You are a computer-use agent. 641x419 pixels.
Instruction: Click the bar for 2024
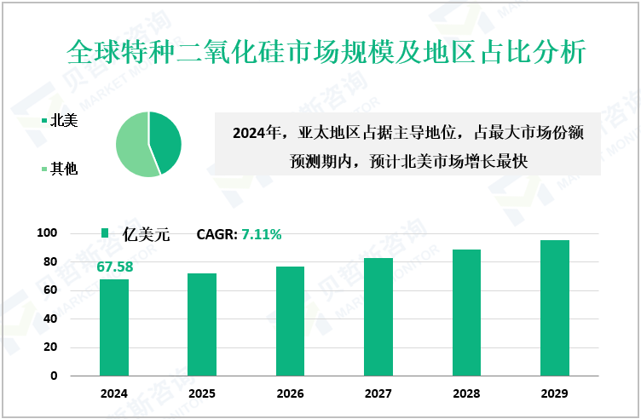(114, 327)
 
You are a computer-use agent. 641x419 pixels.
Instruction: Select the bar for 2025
(202, 324)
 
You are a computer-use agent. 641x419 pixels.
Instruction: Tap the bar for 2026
(290, 321)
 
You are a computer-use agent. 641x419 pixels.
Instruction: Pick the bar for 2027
(378, 317)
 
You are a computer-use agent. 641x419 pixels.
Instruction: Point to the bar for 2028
(467, 313)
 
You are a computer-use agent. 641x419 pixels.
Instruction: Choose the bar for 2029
(555, 307)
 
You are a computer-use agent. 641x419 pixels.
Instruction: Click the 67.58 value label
(115, 267)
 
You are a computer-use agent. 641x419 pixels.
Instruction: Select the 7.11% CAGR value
(261, 234)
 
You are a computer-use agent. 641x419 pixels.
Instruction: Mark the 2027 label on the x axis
(378, 394)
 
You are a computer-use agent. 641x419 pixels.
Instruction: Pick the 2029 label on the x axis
(555, 394)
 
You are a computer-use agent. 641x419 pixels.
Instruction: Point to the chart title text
(325, 52)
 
